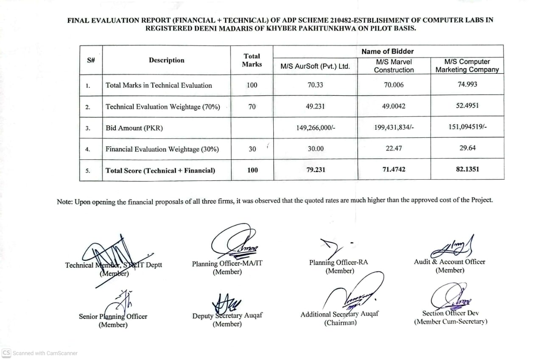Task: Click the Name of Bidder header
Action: (x=387, y=51)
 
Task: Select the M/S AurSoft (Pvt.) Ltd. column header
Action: (x=315, y=66)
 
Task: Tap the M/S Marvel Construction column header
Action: (x=394, y=66)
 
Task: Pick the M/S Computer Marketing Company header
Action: (x=467, y=66)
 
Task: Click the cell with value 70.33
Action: (x=315, y=85)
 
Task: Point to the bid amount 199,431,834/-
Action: (x=394, y=128)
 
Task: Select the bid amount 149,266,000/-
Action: (x=316, y=128)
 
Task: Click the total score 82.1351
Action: (x=467, y=169)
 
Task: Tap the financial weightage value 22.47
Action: (x=394, y=148)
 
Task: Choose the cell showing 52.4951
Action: (x=467, y=106)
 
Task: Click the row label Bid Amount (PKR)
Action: (x=134, y=128)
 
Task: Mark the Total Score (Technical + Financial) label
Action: (x=160, y=170)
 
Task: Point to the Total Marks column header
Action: (x=252, y=60)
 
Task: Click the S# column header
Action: (x=91, y=60)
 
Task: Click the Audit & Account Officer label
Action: (x=449, y=262)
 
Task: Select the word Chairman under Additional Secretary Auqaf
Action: (x=341, y=323)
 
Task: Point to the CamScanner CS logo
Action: (x=6, y=353)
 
